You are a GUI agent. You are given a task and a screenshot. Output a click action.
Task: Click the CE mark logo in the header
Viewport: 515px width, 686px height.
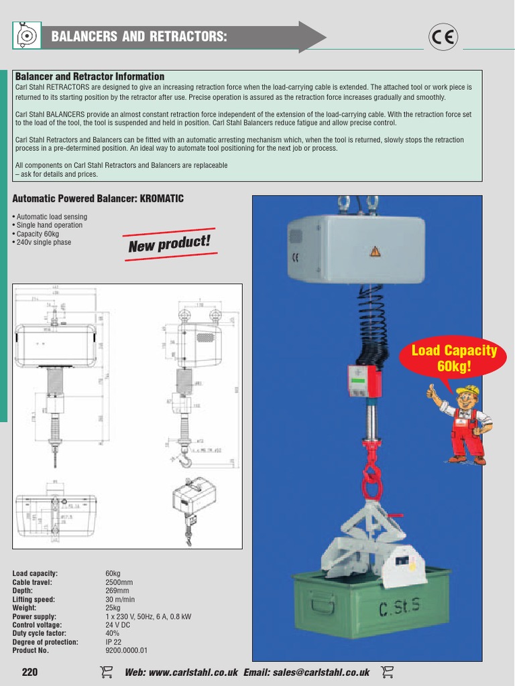[x=443, y=37]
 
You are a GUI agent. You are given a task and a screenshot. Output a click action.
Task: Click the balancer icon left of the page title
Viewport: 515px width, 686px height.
[x=27, y=36]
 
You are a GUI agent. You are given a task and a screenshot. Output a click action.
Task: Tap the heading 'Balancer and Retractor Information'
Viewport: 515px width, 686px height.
[x=89, y=77]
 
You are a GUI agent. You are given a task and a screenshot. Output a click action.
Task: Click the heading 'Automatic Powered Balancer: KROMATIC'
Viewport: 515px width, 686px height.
[x=98, y=199]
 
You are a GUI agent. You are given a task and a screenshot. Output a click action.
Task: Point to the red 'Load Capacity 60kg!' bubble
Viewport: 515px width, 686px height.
[x=454, y=358]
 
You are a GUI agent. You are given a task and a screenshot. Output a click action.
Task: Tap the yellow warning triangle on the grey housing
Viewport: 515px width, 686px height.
[x=375, y=252]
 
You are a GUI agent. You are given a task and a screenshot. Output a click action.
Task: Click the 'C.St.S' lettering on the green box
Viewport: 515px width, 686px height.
[x=400, y=609]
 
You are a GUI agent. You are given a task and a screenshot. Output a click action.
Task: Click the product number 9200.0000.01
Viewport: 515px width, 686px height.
[x=126, y=650]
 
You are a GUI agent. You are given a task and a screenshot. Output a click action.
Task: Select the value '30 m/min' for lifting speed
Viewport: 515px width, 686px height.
[x=120, y=600]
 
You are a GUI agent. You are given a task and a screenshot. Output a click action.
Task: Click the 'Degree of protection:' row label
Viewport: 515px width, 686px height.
[x=45, y=642]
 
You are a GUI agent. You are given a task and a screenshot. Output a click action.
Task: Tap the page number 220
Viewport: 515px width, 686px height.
[x=30, y=672]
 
